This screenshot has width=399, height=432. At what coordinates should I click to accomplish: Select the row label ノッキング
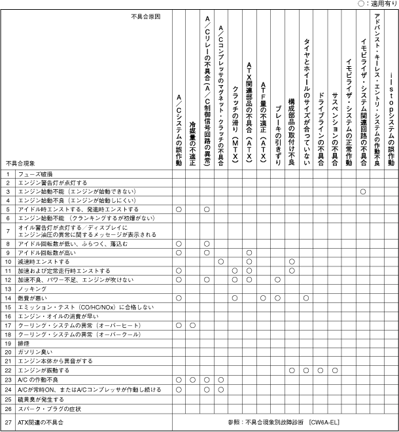[x=32, y=289]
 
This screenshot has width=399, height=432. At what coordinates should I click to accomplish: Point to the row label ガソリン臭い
[x=35, y=351]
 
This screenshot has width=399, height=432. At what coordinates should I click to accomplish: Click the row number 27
[x=9, y=422]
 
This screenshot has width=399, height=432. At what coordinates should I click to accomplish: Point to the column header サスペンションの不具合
[x=335, y=122]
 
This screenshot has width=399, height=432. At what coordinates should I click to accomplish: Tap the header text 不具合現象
[x=21, y=162]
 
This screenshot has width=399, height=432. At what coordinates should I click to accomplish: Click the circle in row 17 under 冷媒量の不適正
[x=192, y=325]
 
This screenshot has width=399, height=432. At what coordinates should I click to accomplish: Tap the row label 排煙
[x=24, y=342]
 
